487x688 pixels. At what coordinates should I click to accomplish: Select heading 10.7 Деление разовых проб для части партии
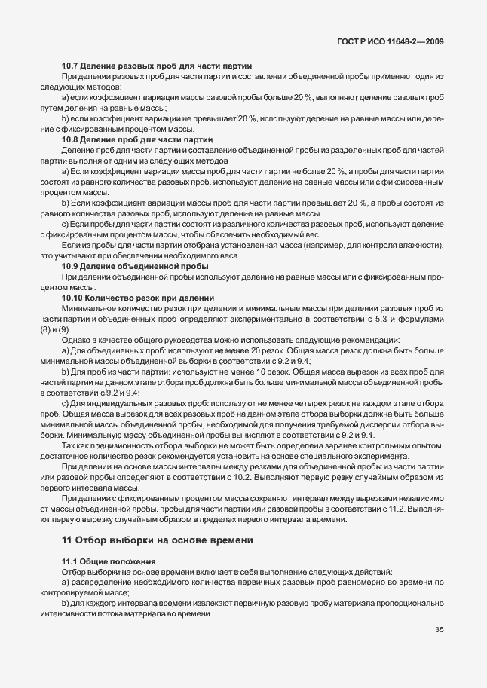[x=156, y=67]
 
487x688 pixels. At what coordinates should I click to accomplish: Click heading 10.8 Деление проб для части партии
[x=136, y=140]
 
